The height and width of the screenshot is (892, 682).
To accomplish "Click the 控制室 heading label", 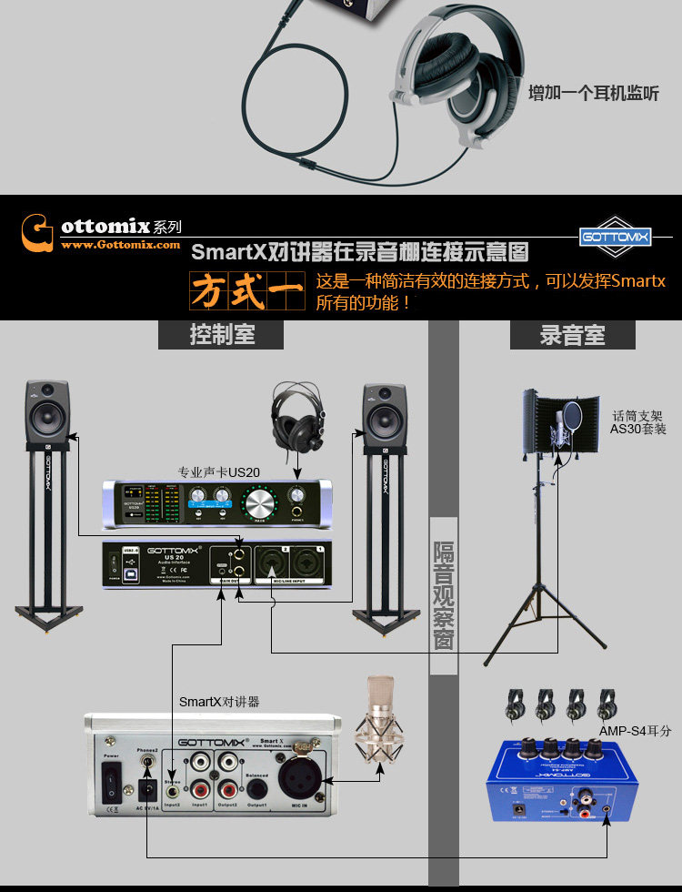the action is coord(221,335).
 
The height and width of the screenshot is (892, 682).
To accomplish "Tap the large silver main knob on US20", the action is coord(262,501).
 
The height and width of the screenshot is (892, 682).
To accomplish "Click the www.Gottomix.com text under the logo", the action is coord(120,244).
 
